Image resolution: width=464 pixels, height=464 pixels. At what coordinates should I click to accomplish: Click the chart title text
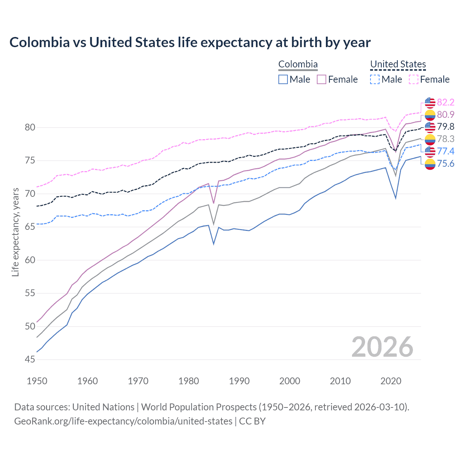(190, 42)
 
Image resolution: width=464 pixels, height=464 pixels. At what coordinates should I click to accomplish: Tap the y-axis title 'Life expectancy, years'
(15, 232)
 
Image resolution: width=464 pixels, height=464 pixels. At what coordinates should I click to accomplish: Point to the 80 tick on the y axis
(30, 127)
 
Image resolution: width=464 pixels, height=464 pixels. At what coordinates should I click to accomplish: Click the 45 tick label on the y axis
(30, 359)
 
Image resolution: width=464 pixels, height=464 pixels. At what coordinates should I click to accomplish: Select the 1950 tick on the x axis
(37, 381)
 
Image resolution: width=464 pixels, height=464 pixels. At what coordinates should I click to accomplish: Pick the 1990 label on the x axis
(239, 381)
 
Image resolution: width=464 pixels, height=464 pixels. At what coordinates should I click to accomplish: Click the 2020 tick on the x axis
(391, 381)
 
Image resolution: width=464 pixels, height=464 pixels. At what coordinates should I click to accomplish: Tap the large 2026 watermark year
(382, 347)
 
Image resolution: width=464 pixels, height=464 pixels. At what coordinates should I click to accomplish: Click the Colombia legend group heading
(298, 65)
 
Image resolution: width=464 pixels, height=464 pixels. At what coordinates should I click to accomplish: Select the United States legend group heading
(398, 65)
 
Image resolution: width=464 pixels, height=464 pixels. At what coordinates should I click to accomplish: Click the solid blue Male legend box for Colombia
(283, 79)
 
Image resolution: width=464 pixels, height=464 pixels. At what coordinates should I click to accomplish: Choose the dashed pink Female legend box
(414, 79)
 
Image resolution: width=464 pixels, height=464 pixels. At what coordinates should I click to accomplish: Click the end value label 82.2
(446, 103)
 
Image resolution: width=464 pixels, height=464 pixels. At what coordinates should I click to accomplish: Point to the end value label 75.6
(446, 164)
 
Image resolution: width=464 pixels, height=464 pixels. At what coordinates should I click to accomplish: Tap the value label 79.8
(446, 127)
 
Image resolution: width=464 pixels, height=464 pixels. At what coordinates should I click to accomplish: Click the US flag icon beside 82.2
(430, 103)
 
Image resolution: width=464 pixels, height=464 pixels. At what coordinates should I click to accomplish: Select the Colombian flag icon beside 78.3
(430, 139)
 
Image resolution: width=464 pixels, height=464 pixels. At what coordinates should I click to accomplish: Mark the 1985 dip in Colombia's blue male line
(214, 244)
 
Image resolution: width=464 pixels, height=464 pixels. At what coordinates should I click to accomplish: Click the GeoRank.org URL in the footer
(123, 421)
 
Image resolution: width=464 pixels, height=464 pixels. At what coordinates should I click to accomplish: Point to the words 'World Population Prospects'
(199, 407)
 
